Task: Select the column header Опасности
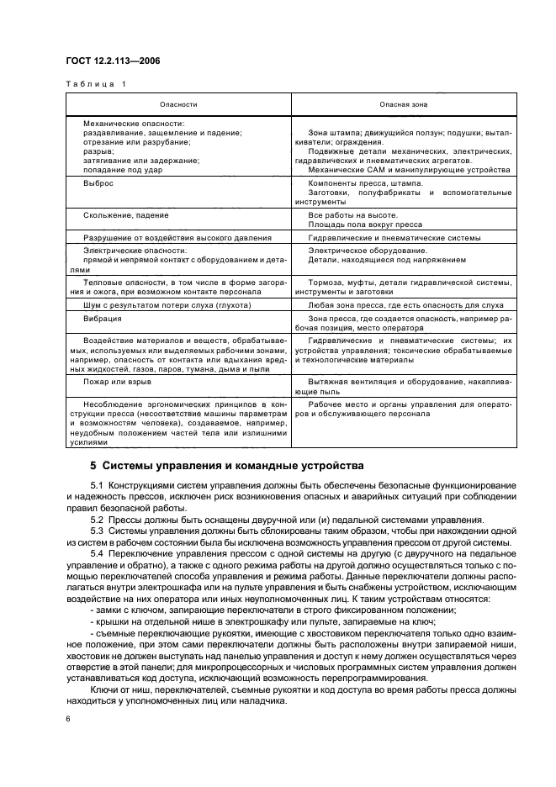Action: [x=179, y=104]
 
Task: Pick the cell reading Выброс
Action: [x=98, y=182]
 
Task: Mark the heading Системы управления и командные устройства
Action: [x=233, y=465]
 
